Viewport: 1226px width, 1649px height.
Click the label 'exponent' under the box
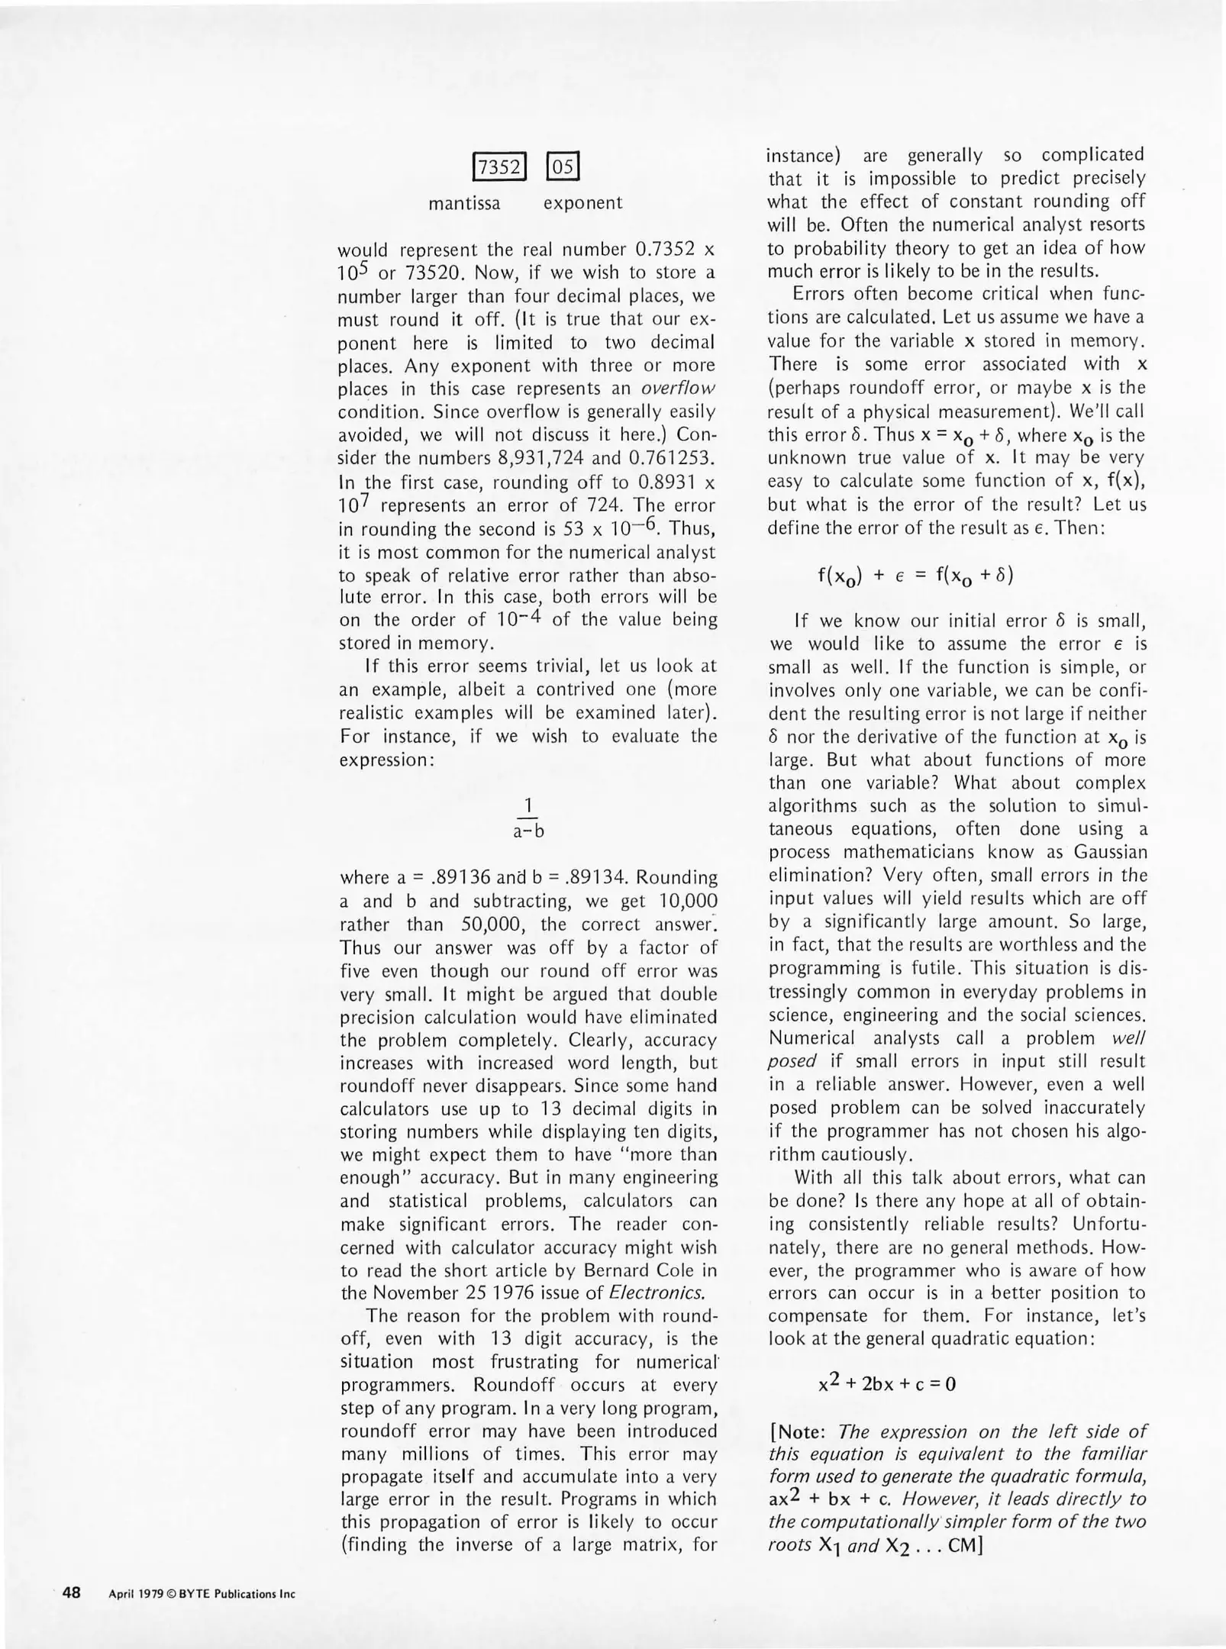[x=582, y=203]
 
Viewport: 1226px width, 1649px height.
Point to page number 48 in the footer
[x=73, y=1593]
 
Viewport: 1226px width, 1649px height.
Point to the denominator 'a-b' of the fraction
[x=528, y=832]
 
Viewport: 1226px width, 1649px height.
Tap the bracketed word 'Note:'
[x=803, y=1432]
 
